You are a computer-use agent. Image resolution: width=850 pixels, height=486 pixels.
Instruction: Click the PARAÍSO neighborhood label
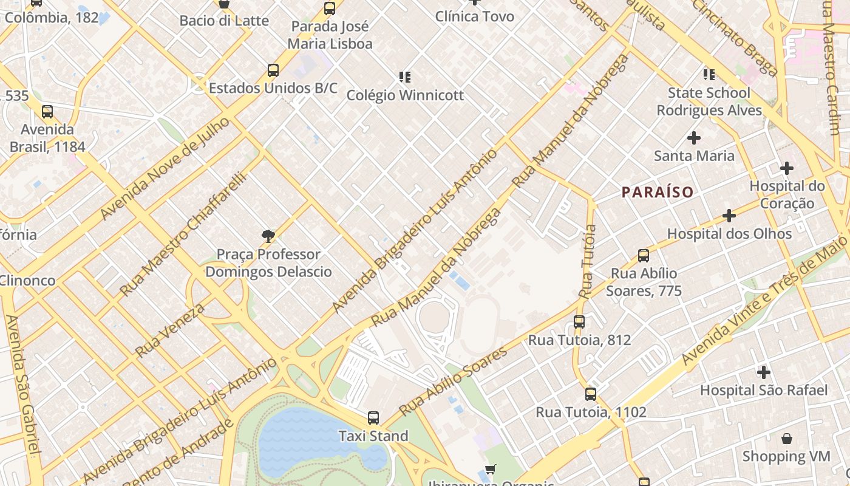(x=657, y=193)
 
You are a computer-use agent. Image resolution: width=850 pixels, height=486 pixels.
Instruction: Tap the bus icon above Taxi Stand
(x=373, y=418)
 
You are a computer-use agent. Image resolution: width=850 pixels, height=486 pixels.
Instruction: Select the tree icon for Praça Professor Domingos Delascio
(x=268, y=236)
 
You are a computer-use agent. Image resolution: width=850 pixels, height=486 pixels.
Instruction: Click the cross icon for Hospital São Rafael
(x=763, y=372)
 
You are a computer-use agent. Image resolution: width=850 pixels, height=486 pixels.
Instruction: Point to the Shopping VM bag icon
(x=786, y=438)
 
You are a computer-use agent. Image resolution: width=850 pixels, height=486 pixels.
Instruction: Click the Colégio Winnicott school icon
(x=405, y=77)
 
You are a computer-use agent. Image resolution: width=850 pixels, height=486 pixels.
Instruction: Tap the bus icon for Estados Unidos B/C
(x=273, y=70)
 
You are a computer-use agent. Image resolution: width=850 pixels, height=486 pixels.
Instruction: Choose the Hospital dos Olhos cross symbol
(x=729, y=215)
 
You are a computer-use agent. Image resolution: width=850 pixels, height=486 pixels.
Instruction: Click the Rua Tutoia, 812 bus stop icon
(x=579, y=322)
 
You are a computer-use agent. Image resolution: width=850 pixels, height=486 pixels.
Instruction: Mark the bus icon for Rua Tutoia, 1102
(x=590, y=394)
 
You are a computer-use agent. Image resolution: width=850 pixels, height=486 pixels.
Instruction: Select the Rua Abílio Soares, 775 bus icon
(x=644, y=256)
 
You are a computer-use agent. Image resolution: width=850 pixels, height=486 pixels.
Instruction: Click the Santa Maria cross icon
(x=693, y=138)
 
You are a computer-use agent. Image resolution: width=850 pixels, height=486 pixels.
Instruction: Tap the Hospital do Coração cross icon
(x=787, y=168)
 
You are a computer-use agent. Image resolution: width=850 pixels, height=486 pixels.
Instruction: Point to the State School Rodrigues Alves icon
(x=709, y=75)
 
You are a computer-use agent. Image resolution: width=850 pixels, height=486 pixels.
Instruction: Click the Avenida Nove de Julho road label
(x=165, y=168)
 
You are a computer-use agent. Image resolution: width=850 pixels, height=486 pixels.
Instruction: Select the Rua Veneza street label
(x=169, y=330)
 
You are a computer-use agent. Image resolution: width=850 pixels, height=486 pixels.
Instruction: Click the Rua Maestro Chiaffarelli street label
(x=183, y=234)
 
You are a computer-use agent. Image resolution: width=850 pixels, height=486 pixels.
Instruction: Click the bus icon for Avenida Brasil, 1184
(x=47, y=112)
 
